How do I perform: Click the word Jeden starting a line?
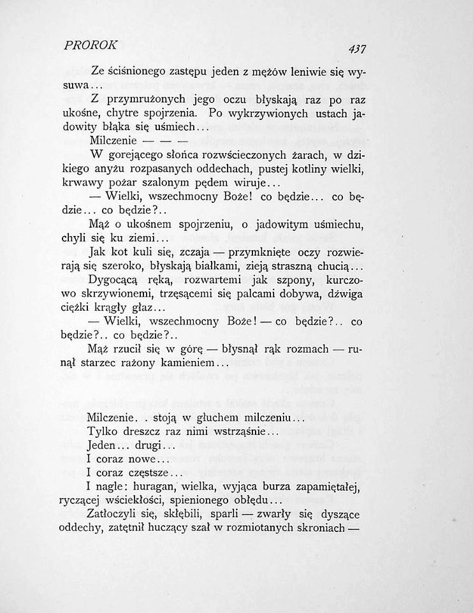pyautogui.click(x=105, y=447)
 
